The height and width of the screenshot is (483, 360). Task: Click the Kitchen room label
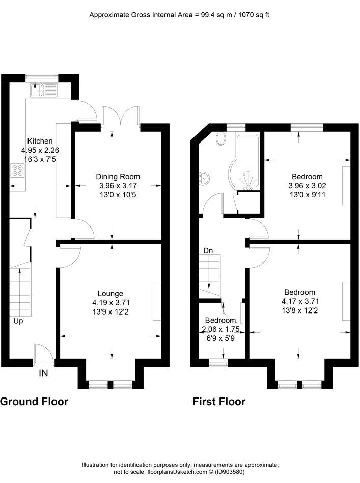[x=40, y=141]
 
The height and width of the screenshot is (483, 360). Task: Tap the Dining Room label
[x=118, y=177]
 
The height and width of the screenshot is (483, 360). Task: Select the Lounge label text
[x=110, y=294]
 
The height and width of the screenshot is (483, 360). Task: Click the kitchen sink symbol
[x=43, y=90]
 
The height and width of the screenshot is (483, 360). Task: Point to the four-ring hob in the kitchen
[x=18, y=171]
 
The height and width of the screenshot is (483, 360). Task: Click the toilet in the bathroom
[x=221, y=138]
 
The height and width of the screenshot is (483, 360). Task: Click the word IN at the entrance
[x=43, y=373]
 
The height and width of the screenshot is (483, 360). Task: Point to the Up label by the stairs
[x=18, y=321]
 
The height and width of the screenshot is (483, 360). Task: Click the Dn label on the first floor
[x=208, y=251]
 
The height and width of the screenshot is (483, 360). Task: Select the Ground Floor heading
[x=34, y=402]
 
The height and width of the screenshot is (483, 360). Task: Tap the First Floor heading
[x=219, y=402]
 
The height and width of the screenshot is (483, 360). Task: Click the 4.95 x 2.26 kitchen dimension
[x=40, y=150]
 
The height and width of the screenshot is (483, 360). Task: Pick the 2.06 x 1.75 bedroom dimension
[x=220, y=329]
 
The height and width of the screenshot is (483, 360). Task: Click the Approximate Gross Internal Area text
[x=179, y=15]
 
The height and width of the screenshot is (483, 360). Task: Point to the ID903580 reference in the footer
[x=230, y=472]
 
